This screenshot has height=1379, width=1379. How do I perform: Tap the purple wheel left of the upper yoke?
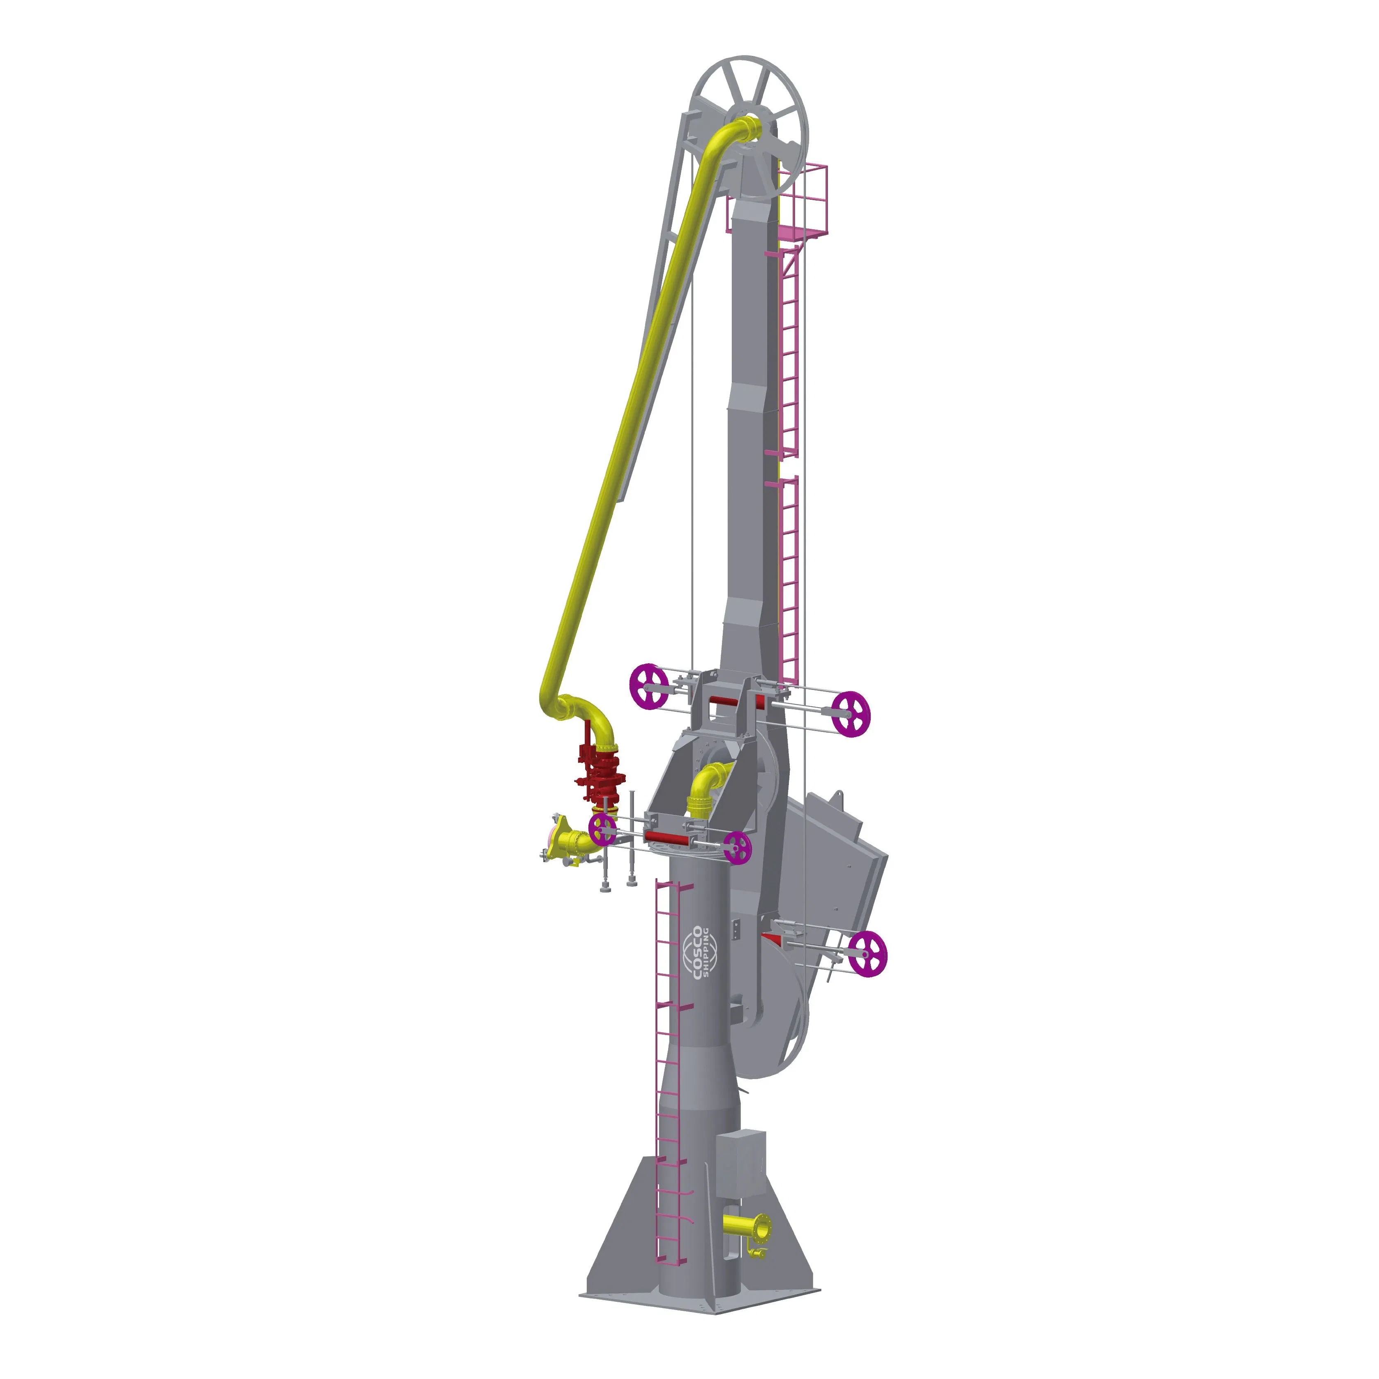coord(648,686)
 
